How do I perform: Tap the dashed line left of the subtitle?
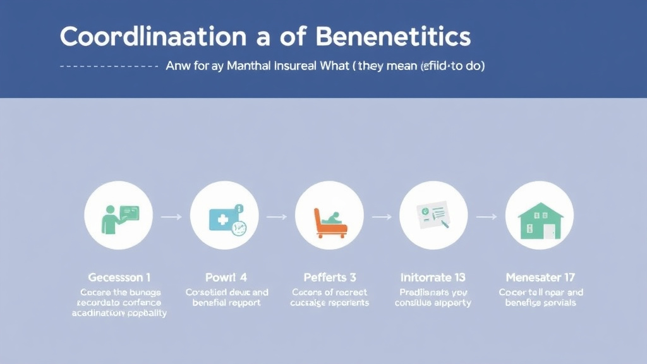(108, 66)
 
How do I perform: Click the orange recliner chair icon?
(329, 222)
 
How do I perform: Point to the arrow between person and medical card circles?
(171, 217)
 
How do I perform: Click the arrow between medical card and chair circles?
(276, 217)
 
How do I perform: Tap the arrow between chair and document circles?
(381, 217)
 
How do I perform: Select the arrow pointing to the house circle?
(486, 217)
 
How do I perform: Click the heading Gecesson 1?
(119, 277)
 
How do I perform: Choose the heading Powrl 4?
(226, 277)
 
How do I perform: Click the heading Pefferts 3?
(329, 277)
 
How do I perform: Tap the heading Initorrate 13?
(433, 277)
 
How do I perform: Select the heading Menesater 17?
(540, 277)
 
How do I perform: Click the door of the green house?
(548, 232)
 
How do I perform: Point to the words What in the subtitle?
(333, 66)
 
